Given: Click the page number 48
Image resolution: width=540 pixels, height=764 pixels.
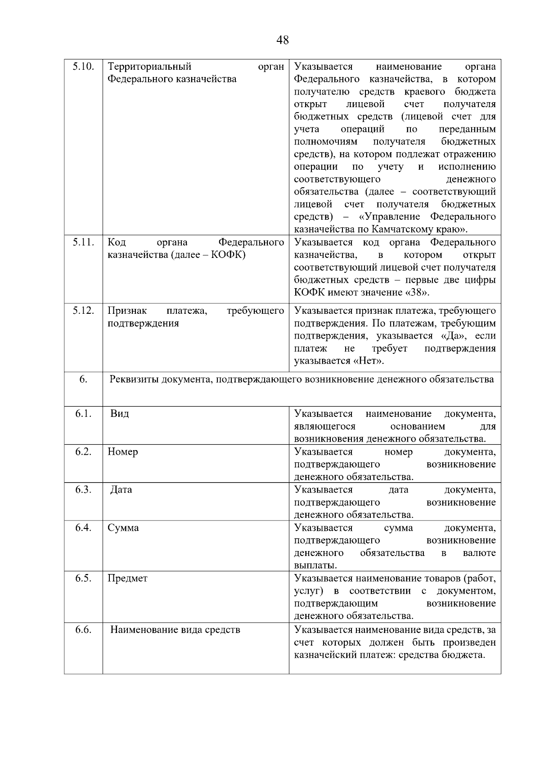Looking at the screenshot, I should (283, 40).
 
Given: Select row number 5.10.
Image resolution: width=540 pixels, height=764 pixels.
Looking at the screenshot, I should (83, 67).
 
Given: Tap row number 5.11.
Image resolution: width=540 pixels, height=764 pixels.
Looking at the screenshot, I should (83, 242).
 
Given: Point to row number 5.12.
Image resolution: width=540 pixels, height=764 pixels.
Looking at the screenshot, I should (83, 311).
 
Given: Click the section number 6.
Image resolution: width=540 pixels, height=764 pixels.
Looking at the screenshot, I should (83, 379).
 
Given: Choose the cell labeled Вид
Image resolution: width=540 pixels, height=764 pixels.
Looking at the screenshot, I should (120, 414).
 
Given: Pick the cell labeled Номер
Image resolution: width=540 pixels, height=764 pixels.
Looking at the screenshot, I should (122, 452).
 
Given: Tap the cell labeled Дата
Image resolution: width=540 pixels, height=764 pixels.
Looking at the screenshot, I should (121, 490).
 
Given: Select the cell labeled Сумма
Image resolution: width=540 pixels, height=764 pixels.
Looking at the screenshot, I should (123, 528).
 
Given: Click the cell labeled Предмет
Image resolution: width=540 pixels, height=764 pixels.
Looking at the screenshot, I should (127, 578).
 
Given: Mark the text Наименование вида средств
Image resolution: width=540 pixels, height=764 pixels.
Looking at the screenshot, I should (175, 630).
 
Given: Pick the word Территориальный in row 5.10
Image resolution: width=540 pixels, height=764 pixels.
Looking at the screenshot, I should (149, 67).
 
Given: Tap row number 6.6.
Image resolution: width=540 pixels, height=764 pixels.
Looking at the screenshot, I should (83, 630).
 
